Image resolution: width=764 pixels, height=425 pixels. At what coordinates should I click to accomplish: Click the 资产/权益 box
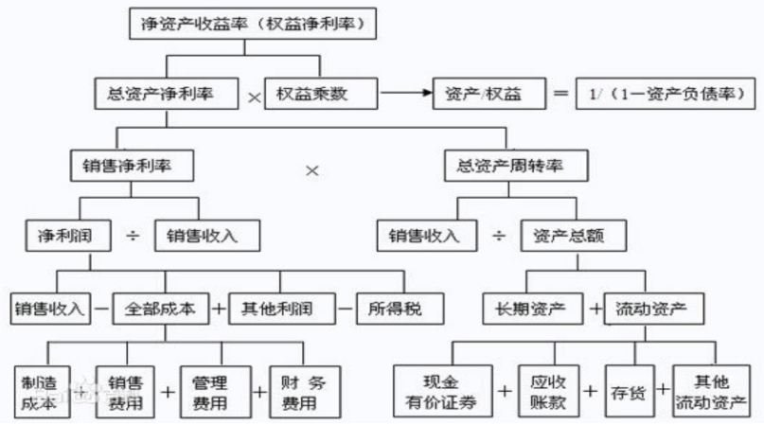pyautogui.click(x=481, y=95)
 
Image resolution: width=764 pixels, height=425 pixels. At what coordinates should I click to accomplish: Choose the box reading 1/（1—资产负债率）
pyautogui.click(x=666, y=95)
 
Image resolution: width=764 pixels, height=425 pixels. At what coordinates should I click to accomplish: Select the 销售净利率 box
pyautogui.click(x=133, y=166)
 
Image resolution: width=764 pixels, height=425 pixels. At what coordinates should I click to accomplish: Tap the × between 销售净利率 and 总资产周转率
pyautogui.click(x=312, y=170)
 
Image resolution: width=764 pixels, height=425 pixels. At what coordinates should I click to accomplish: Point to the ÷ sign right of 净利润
pyautogui.click(x=132, y=237)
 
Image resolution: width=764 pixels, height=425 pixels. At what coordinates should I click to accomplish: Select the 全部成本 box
pyautogui.click(x=161, y=308)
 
